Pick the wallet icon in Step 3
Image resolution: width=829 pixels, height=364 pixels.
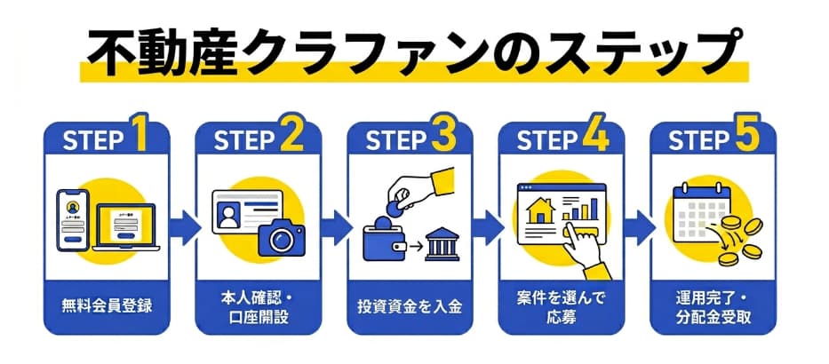click(385, 241)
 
